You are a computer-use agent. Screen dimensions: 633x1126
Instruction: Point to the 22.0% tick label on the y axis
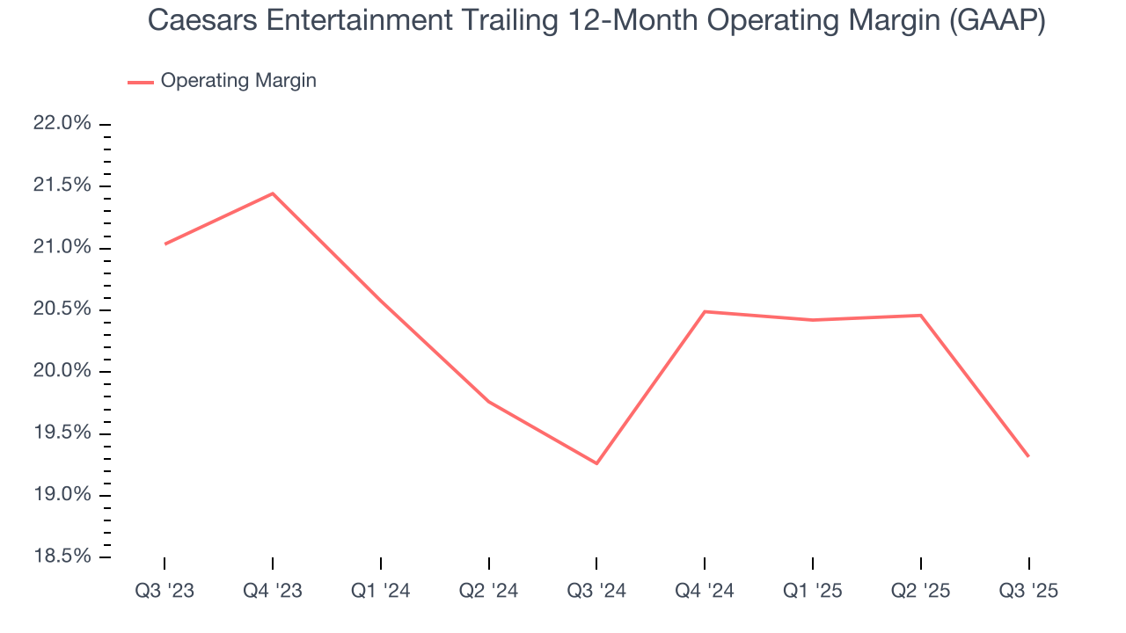tap(62, 124)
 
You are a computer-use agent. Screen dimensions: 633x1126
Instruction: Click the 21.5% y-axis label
tap(62, 186)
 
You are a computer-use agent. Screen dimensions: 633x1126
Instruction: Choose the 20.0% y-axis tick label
tap(62, 371)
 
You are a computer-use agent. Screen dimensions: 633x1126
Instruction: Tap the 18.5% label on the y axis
tap(62, 557)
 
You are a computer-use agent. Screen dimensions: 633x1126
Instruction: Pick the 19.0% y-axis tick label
tap(62, 495)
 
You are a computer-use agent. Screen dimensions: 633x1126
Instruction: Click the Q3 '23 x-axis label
tap(165, 591)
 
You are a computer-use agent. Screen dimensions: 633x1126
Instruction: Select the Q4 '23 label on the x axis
tap(273, 591)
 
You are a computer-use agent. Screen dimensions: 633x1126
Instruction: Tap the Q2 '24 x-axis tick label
tap(488, 591)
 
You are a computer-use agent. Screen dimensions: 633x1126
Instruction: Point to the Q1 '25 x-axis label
tap(813, 591)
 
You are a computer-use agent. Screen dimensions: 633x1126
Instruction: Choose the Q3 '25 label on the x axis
tap(1028, 591)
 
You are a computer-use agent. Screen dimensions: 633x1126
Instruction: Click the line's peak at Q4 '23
tap(273, 193)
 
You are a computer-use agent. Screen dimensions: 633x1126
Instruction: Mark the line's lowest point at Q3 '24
tap(596, 463)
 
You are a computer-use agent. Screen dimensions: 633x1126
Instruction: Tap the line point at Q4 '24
tap(705, 311)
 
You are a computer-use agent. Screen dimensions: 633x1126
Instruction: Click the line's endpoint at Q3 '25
tap(1028, 456)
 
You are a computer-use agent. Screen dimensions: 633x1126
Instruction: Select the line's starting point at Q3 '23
tap(165, 244)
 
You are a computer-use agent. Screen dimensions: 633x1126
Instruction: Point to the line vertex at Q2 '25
tap(921, 315)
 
